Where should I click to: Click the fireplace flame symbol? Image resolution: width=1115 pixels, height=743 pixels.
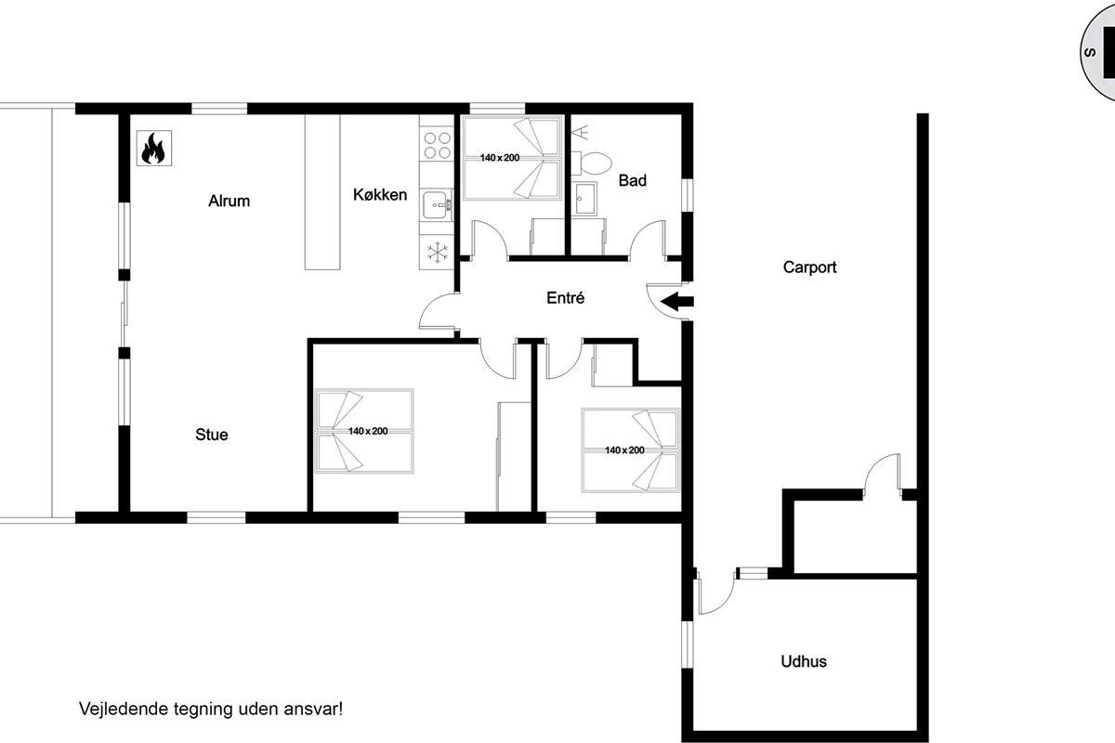point(154,149)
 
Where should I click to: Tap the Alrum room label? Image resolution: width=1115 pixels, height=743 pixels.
point(229,201)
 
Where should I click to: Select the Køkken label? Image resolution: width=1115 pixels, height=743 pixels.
point(380,195)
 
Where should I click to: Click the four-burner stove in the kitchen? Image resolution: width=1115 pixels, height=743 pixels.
point(437,145)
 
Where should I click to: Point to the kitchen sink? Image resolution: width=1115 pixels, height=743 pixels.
point(437,204)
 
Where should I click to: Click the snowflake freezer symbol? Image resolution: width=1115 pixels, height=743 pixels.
point(437,252)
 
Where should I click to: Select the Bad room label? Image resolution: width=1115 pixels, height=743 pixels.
point(633,180)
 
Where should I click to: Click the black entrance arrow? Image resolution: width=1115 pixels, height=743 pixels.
point(676,302)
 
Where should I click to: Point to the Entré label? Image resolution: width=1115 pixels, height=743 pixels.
point(565,297)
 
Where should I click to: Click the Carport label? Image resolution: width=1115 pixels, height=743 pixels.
point(809,267)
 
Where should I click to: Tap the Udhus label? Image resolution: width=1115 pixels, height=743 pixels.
point(804,661)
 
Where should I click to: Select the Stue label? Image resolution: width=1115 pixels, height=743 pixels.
point(212,435)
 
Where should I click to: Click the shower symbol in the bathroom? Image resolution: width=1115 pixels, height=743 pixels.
point(580,131)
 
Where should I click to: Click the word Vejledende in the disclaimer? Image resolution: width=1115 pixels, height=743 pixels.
point(124,709)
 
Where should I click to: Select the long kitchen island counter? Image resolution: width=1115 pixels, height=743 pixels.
point(322,192)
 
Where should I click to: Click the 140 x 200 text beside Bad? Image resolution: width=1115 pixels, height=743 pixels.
point(500,158)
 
